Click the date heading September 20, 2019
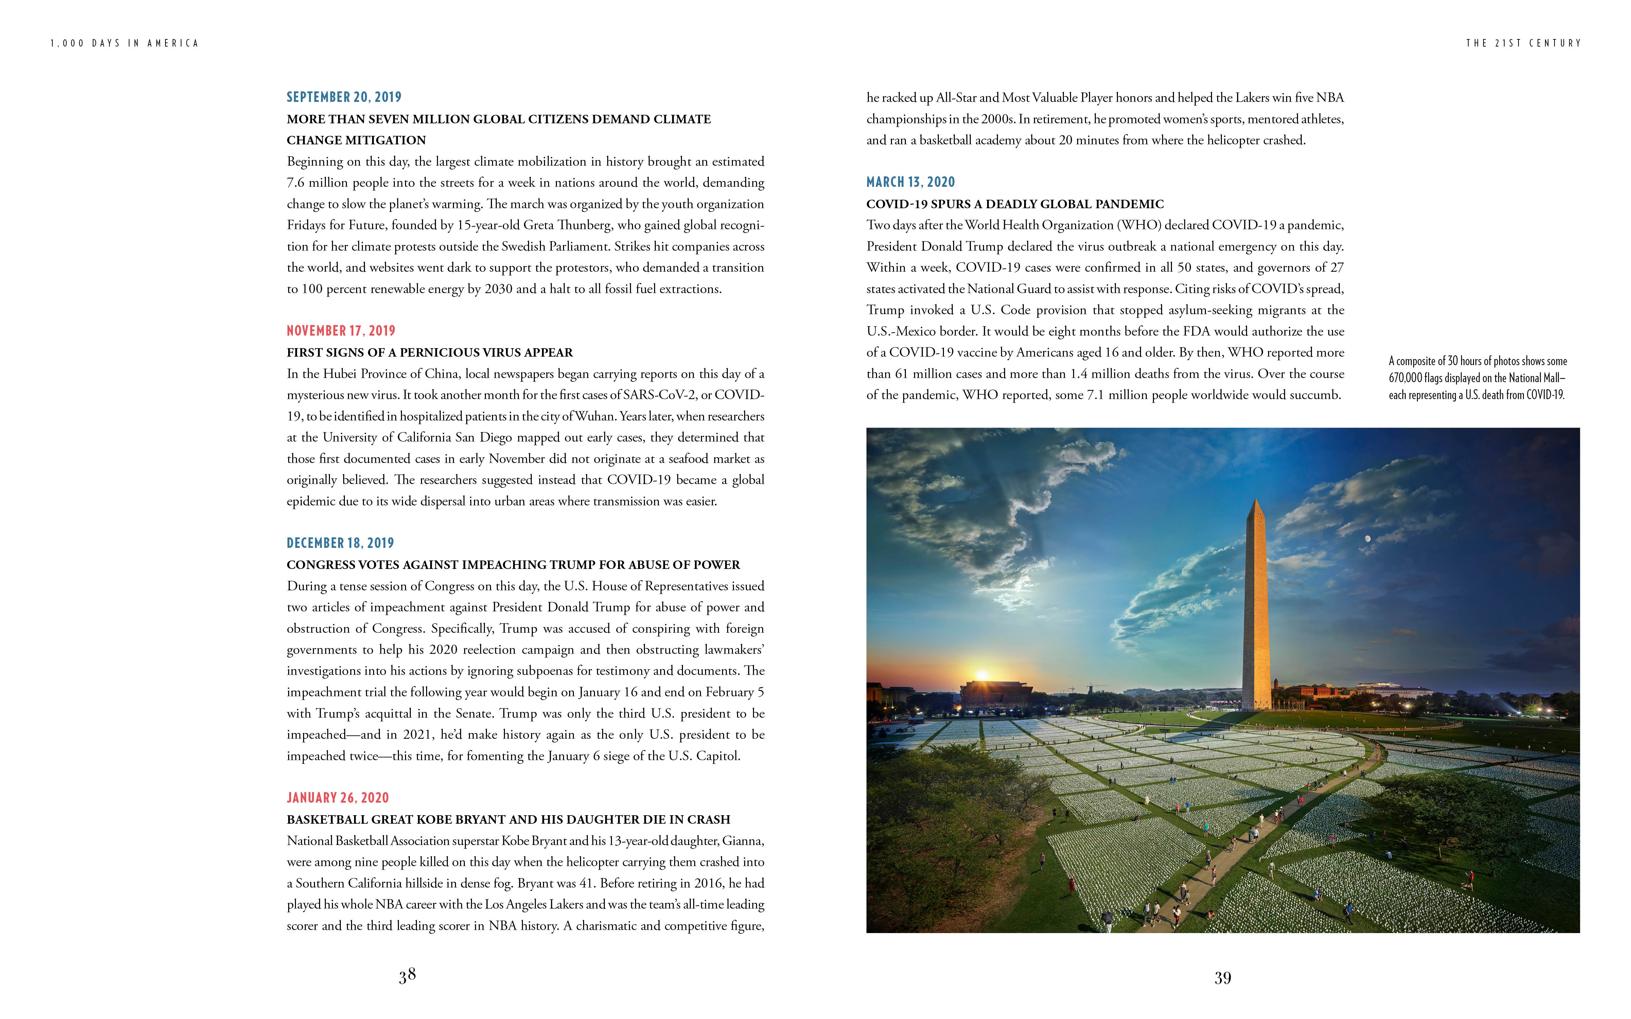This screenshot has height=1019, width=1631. (x=344, y=97)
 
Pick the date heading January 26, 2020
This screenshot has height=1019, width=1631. (x=338, y=798)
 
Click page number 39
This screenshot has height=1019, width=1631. (x=1223, y=978)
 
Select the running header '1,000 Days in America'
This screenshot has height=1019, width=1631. (x=125, y=43)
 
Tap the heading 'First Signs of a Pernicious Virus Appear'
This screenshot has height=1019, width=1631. (x=429, y=353)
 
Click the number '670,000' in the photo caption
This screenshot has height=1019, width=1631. (x=1405, y=378)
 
